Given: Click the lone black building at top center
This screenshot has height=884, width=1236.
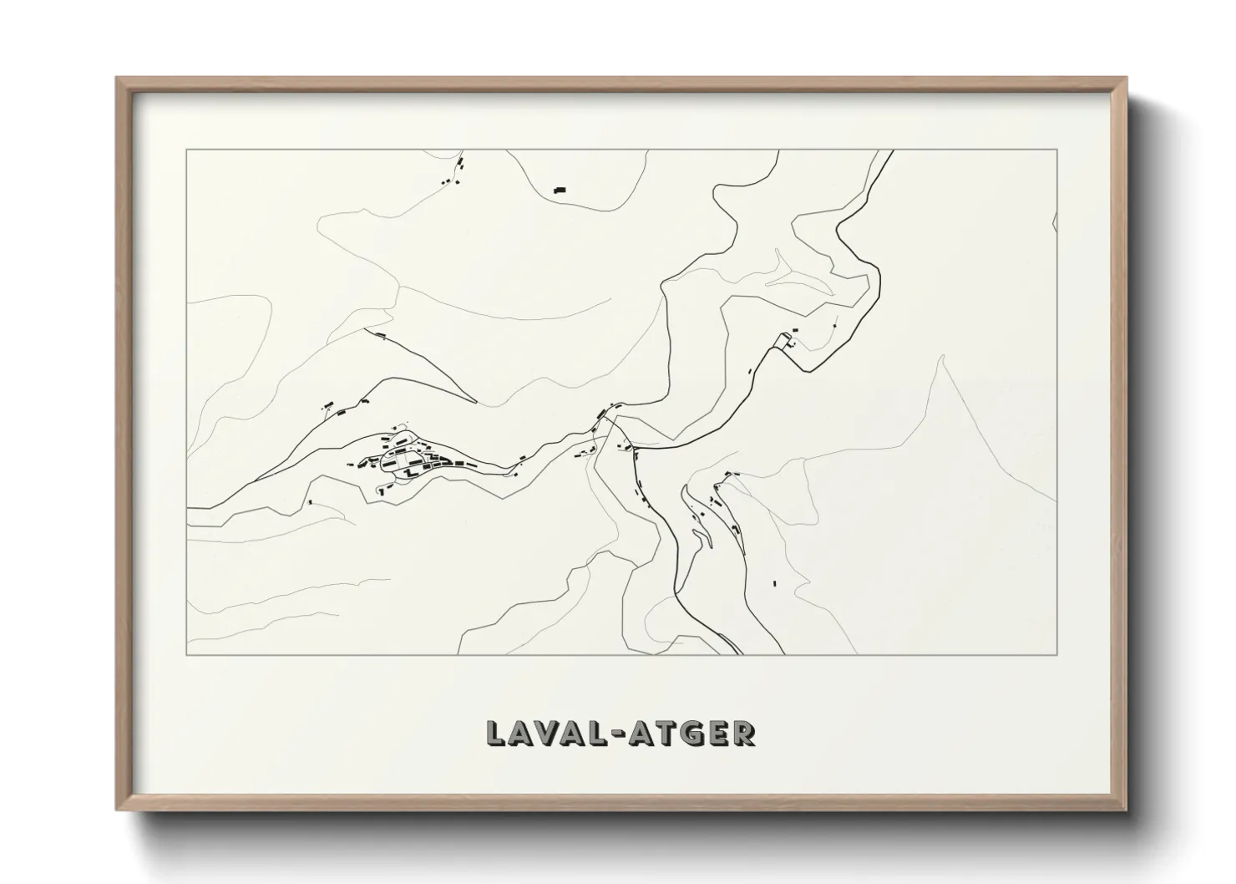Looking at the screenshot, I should (560, 191).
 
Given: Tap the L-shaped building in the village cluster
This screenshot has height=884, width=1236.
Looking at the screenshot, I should (408, 473).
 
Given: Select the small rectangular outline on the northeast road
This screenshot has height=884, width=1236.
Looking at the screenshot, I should (783, 339).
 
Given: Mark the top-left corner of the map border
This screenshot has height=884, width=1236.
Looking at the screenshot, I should (186, 150).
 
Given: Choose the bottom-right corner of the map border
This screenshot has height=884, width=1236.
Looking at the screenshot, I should (1057, 655).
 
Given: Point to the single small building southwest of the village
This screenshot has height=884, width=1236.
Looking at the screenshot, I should (310, 502).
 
